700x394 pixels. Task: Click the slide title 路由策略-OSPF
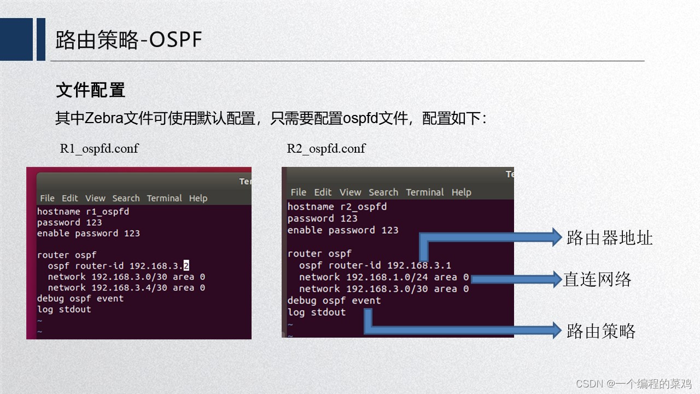point(129,40)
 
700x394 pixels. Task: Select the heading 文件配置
point(91,90)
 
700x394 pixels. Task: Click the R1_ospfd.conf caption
point(99,148)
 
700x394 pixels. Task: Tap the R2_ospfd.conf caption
point(326,148)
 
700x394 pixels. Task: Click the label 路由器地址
point(609,237)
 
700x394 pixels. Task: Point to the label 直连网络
point(597,279)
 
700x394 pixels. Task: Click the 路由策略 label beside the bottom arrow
point(601,331)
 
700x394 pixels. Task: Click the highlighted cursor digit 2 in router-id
point(186,266)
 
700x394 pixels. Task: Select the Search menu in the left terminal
point(126,198)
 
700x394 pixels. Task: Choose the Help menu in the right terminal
point(461,192)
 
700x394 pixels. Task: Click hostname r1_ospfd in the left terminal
point(83,212)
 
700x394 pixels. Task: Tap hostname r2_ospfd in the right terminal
point(337,207)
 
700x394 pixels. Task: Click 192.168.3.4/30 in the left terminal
point(130,288)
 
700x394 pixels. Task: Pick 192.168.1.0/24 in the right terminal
point(387,277)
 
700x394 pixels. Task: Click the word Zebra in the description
point(104,118)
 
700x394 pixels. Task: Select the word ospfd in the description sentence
point(360,118)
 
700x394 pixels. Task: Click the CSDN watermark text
point(633,384)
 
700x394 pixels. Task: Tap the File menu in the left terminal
point(47,198)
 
